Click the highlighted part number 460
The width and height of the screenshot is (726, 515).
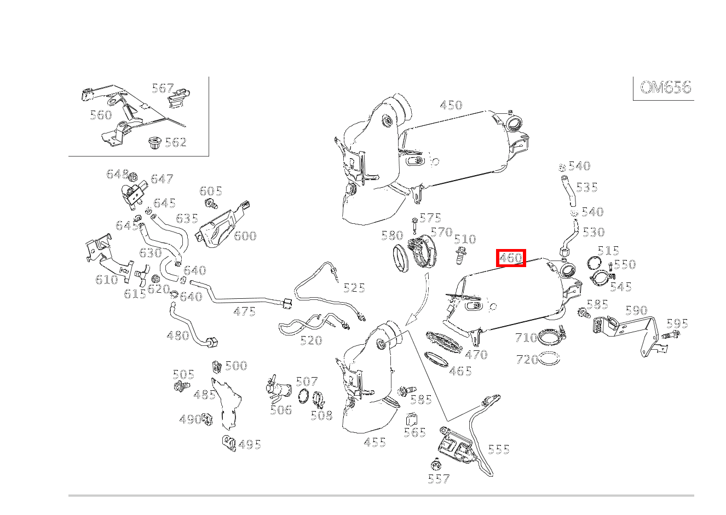[511, 258]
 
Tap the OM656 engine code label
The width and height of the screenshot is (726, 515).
[665, 88]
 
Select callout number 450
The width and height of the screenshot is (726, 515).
[451, 105]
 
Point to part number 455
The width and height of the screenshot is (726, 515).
[374, 442]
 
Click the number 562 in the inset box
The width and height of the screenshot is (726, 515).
[176, 142]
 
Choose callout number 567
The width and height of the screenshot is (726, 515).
[163, 88]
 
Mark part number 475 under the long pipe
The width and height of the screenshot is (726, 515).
[244, 311]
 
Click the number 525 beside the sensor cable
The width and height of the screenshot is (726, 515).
[354, 288]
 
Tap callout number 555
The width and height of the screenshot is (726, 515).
[499, 449]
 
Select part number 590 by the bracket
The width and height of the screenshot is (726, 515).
[636, 310]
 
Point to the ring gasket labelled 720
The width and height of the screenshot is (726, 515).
[550, 360]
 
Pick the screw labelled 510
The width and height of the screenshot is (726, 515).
[459, 255]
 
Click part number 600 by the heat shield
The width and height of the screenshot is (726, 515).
[245, 236]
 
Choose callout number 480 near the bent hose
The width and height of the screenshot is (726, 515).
[178, 335]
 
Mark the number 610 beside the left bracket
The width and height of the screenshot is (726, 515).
[106, 280]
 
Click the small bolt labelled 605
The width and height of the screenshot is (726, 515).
[211, 204]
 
